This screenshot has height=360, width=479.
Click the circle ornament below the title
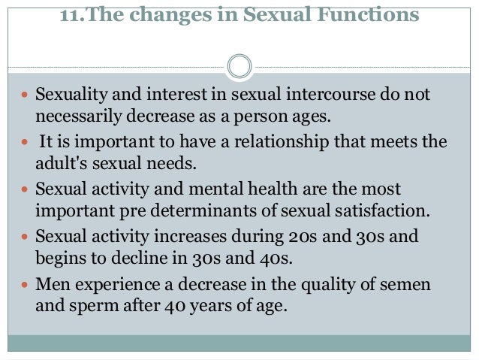pyautogui.click(x=239, y=66)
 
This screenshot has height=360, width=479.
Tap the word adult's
pyautogui.click(x=59, y=162)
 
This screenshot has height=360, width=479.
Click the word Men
pyautogui.click(x=50, y=286)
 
